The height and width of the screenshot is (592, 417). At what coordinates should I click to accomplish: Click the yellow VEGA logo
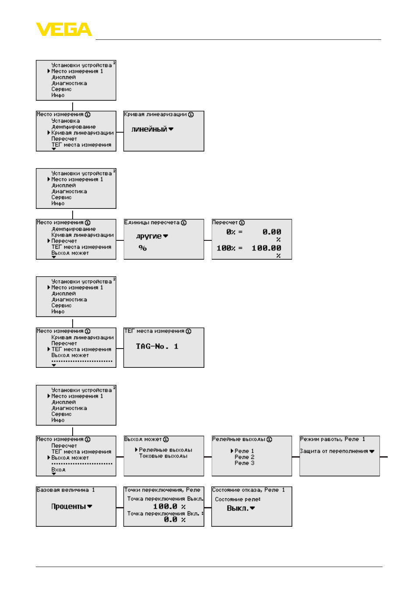pyautogui.click(x=63, y=29)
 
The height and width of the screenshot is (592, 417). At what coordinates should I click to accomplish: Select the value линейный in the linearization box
pyautogui.click(x=149, y=129)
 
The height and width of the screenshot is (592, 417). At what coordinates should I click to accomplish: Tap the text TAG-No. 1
pyautogui.click(x=157, y=346)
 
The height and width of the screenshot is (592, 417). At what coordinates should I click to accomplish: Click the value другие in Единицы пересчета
pyautogui.click(x=149, y=236)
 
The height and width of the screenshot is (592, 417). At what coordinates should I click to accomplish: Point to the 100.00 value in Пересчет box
pyautogui.click(x=266, y=248)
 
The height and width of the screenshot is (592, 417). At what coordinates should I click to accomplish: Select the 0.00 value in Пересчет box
pyautogui.click(x=272, y=232)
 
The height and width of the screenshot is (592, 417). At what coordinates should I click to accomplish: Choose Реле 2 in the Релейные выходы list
pyautogui.click(x=244, y=457)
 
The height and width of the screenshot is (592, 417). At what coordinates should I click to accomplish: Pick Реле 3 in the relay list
pyautogui.click(x=244, y=463)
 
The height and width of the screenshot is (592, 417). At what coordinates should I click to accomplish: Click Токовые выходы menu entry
pyautogui.click(x=163, y=456)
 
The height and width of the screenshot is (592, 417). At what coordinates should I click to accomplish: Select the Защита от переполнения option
pyautogui.click(x=334, y=451)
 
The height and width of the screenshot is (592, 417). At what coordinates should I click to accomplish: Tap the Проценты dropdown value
pyautogui.click(x=69, y=506)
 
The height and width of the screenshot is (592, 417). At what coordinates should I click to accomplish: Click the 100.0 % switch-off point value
pyautogui.click(x=169, y=506)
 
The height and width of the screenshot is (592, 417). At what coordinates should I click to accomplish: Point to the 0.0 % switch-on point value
pyautogui.click(x=175, y=520)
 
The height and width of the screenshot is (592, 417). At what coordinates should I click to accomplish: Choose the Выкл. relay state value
pyautogui.click(x=238, y=508)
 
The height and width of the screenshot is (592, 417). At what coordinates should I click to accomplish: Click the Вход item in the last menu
pyautogui.click(x=58, y=470)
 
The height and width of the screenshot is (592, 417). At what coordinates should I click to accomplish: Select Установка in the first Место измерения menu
pyautogui.click(x=66, y=121)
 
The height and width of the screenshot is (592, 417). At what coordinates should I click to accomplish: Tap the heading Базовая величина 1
pyautogui.click(x=66, y=490)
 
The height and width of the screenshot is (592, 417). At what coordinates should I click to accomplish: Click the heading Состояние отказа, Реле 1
pyautogui.click(x=248, y=490)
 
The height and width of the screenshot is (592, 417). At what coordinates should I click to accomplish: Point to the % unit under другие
pyautogui.click(x=143, y=248)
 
